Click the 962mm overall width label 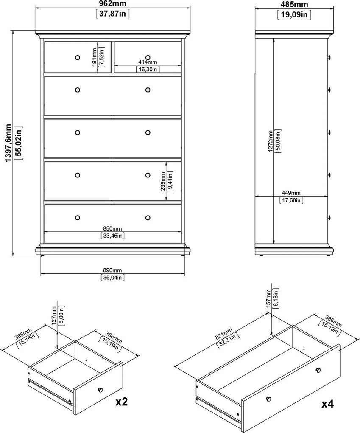click(112, 3)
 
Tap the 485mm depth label click(294, 4)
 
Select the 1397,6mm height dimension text click(9, 143)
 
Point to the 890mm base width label click(112, 270)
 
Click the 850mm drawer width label click(112, 229)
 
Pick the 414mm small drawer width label click(148, 62)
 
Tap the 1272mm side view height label click(271, 141)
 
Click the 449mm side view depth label click(291, 193)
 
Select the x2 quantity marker click(122, 402)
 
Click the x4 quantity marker click(327, 404)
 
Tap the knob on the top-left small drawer click(77, 58)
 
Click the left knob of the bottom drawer click(77, 218)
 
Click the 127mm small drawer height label click(54, 315)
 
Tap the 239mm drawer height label click(163, 181)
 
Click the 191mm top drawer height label click(95, 57)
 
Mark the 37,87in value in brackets click(112, 14)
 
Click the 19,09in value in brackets click(294, 14)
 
